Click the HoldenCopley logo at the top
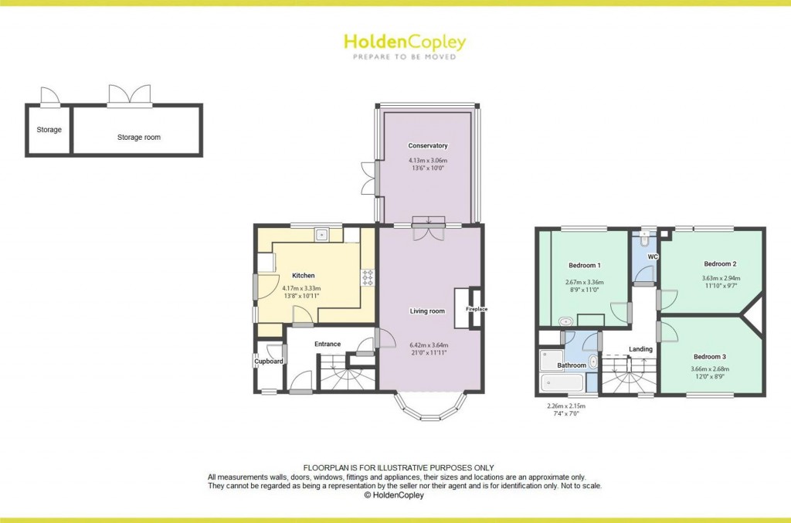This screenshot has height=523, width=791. [x=405, y=42]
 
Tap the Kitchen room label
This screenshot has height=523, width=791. [x=303, y=276]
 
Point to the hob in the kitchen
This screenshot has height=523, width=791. [x=367, y=277]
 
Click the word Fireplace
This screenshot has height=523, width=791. [x=476, y=310]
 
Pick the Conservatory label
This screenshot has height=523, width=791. [x=428, y=146]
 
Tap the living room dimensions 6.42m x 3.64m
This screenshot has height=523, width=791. [x=428, y=345]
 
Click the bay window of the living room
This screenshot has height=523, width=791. [x=430, y=407]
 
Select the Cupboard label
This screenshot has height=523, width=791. [x=270, y=362]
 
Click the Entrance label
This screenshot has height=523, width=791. [x=328, y=344]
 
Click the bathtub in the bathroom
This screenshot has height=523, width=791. [x=562, y=382]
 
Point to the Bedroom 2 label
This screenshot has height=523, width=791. [x=720, y=263]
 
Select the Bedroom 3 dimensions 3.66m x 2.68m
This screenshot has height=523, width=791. [x=710, y=368]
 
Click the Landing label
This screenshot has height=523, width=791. [x=640, y=349]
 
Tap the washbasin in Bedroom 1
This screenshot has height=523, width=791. [x=565, y=321]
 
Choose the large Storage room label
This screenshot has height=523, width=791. [x=139, y=138]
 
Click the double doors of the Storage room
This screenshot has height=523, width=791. [x=130, y=97]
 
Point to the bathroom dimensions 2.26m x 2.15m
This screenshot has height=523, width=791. [x=561, y=406]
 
